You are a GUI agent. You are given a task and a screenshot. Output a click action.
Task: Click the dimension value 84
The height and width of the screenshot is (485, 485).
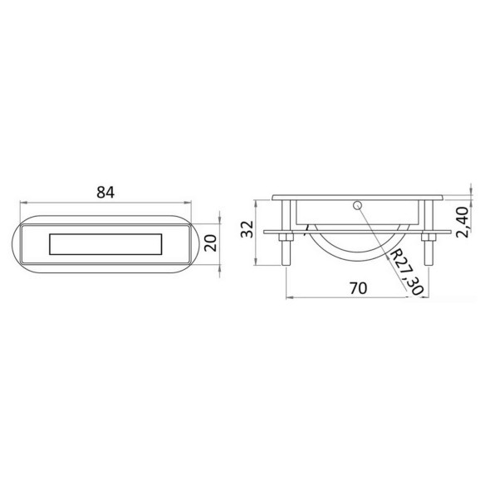105,192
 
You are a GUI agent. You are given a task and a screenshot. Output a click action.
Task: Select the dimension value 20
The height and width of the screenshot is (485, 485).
211,243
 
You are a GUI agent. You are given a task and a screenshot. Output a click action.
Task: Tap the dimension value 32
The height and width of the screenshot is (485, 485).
247,229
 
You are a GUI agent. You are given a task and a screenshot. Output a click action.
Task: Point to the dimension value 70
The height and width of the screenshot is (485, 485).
359,288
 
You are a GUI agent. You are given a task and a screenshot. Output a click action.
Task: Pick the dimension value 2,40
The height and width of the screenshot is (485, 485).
463,222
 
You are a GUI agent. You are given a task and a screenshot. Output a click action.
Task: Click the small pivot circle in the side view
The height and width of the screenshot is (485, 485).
358,205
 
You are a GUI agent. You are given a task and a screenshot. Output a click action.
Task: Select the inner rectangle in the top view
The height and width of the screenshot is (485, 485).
105,244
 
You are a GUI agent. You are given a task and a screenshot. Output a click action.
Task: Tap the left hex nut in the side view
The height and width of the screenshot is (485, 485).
286,238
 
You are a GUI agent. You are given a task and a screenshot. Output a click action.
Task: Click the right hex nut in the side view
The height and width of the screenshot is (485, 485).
429,238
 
